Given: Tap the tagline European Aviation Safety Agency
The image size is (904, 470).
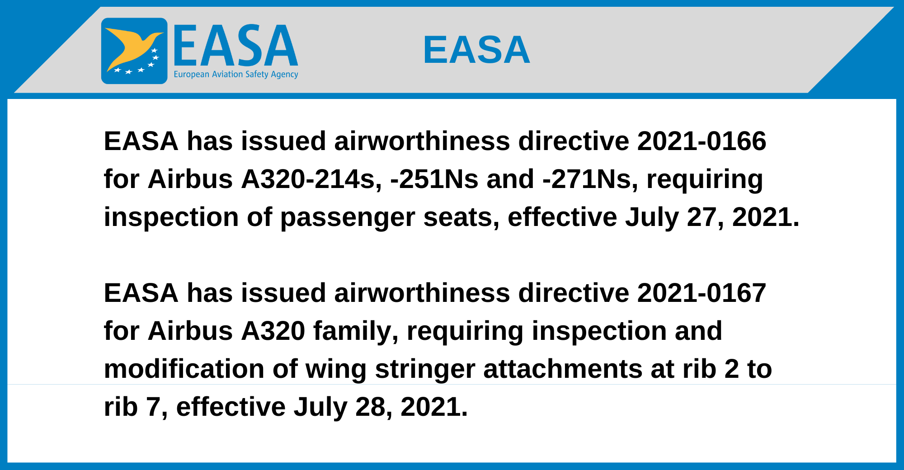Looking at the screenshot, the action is pos(236,74).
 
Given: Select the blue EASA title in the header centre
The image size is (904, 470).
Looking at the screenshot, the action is pos(476,50).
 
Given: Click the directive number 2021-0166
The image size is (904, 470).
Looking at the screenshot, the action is pos(702,141).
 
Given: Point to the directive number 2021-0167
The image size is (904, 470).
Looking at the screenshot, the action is pos(702,293).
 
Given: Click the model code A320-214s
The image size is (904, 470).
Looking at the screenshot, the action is pos(311,179).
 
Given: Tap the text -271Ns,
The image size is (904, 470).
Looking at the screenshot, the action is pos(590,179).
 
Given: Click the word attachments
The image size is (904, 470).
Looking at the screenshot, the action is pos(563,369).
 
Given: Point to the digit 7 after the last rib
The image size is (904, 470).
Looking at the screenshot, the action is pos(153,407).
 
